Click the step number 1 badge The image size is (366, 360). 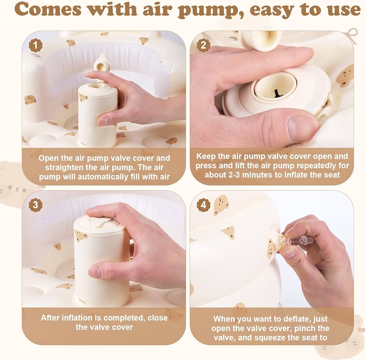(x=36, y=45)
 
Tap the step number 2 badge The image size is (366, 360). (x=203, y=45)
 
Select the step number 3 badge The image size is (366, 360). (x=36, y=205)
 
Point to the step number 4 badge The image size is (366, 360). (x=203, y=205)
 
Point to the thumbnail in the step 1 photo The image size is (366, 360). (x=104, y=121)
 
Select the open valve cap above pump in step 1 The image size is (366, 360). (x=102, y=62)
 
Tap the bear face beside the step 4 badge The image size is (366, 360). (x=221, y=205)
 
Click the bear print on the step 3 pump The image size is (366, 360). (x=81, y=236)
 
